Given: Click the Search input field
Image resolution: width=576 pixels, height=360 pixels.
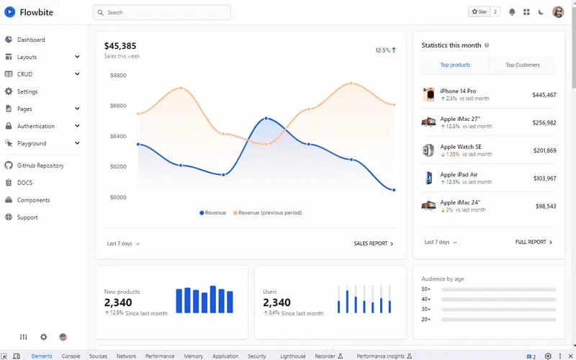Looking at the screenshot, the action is pyautogui.click(x=161, y=12).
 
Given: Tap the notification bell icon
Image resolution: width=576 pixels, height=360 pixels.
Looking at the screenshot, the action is pyautogui.click(x=512, y=12).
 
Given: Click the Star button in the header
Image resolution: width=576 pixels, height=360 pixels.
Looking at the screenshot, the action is pyautogui.click(x=479, y=12).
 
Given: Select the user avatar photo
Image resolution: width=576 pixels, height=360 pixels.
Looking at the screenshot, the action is pyautogui.click(x=558, y=12).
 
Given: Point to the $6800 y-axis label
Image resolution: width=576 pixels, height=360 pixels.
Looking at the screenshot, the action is pyautogui.click(x=118, y=76).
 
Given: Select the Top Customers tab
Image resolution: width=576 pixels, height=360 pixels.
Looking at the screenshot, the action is pyautogui.click(x=523, y=65).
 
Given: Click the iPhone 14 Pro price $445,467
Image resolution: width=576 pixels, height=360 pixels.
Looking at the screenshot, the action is pyautogui.click(x=544, y=95).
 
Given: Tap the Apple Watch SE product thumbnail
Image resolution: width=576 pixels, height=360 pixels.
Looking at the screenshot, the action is pyautogui.click(x=428, y=150).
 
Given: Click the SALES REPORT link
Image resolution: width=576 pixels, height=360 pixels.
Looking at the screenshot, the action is pyautogui.click(x=374, y=243).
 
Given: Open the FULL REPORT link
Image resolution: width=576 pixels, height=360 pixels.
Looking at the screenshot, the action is pyautogui.click(x=534, y=242).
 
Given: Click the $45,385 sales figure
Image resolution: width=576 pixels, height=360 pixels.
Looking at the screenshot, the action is pyautogui.click(x=120, y=46).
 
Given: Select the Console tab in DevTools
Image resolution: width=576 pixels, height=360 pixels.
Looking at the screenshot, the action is pyautogui.click(x=71, y=356).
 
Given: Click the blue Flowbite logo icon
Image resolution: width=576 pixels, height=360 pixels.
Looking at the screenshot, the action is pyautogui.click(x=10, y=12).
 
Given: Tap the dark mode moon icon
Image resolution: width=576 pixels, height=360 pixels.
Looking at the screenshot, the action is pyautogui.click(x=541, y=12).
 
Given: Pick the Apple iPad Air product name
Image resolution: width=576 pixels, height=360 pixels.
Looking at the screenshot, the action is pyautogui.click(x=459, y=174).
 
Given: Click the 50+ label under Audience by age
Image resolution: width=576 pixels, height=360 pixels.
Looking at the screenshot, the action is pyautogui.click(x=426, y=289).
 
